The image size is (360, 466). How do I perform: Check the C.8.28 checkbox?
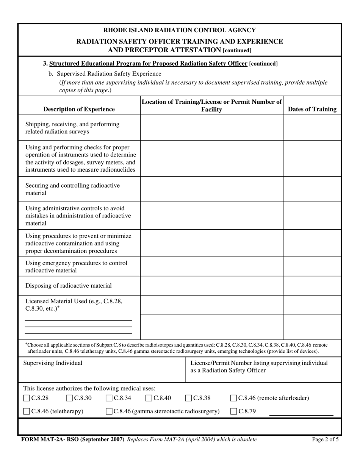27,398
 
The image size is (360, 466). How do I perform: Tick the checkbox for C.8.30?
69,398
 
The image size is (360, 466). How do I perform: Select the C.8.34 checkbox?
109,398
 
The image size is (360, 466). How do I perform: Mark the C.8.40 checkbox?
149,398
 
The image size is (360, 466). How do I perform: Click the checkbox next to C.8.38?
188,398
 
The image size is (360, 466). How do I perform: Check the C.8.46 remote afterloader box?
233,398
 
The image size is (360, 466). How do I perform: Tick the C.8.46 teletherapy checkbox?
27,411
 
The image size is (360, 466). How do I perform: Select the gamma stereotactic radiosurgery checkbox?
109,411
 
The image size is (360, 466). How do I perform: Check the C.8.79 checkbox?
233,411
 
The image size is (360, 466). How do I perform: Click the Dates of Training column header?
312,109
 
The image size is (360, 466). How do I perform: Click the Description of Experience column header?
79,109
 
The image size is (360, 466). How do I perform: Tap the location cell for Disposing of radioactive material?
211,286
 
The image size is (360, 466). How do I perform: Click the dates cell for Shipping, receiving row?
312,128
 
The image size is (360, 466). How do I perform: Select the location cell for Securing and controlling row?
211,189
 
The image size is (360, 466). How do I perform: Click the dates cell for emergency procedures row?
312,267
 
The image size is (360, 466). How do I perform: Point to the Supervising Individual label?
53,363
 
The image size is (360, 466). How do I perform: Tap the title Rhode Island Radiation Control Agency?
180,30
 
